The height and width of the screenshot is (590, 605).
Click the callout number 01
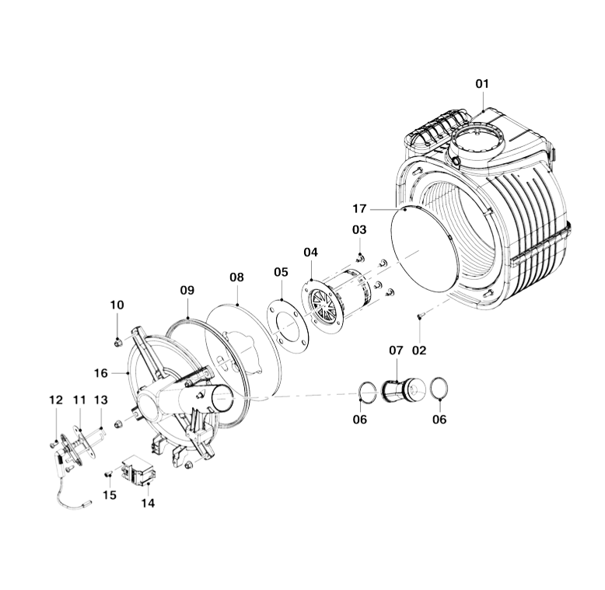pos(483,83)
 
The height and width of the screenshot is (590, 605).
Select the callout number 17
pos(359,208)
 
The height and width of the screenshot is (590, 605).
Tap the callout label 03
pos(358,230)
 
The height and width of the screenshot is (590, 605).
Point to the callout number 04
pos(310,252)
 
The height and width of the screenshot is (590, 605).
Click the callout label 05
pos(281,272)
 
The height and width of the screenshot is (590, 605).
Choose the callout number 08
pos(236,277)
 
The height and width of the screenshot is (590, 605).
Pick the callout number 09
pos(187,290)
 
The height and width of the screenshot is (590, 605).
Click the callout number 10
pos(117,305)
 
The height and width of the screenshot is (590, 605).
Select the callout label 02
pos(419,351)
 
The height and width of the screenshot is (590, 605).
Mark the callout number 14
pos(148,503)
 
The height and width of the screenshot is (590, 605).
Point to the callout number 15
pos(110,495)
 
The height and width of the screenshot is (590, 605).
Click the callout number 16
pos(101,373)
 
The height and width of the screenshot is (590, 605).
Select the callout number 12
pos(56,400)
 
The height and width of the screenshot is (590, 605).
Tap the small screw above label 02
pos(420,316)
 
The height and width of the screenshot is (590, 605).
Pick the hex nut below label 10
pos(117,341)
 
